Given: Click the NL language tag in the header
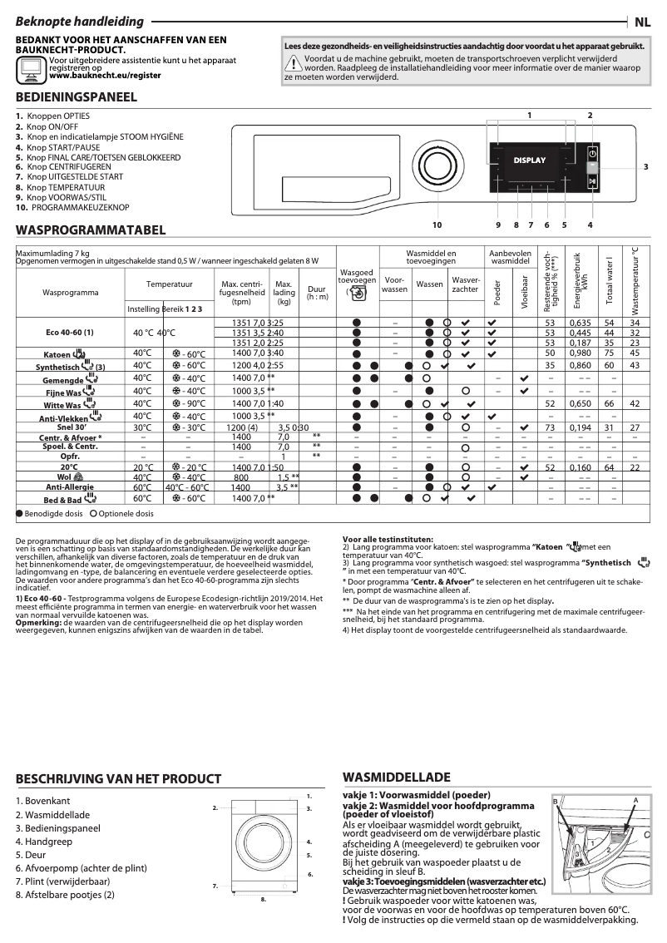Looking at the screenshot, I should click(x=644, y=22).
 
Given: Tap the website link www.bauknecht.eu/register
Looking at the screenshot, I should click(x=105, y=75).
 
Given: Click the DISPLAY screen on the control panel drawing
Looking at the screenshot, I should click(x=530, y=160).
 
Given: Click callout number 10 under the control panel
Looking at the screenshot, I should click(x=437, y=225).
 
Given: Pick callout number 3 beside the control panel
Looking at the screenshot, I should click(x=645, y=167).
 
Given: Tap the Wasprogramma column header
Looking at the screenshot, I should click(x=71, y=293).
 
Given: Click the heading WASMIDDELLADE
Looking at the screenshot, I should click(x=396, y=778).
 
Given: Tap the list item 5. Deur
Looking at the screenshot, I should click(x=31, y=854).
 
